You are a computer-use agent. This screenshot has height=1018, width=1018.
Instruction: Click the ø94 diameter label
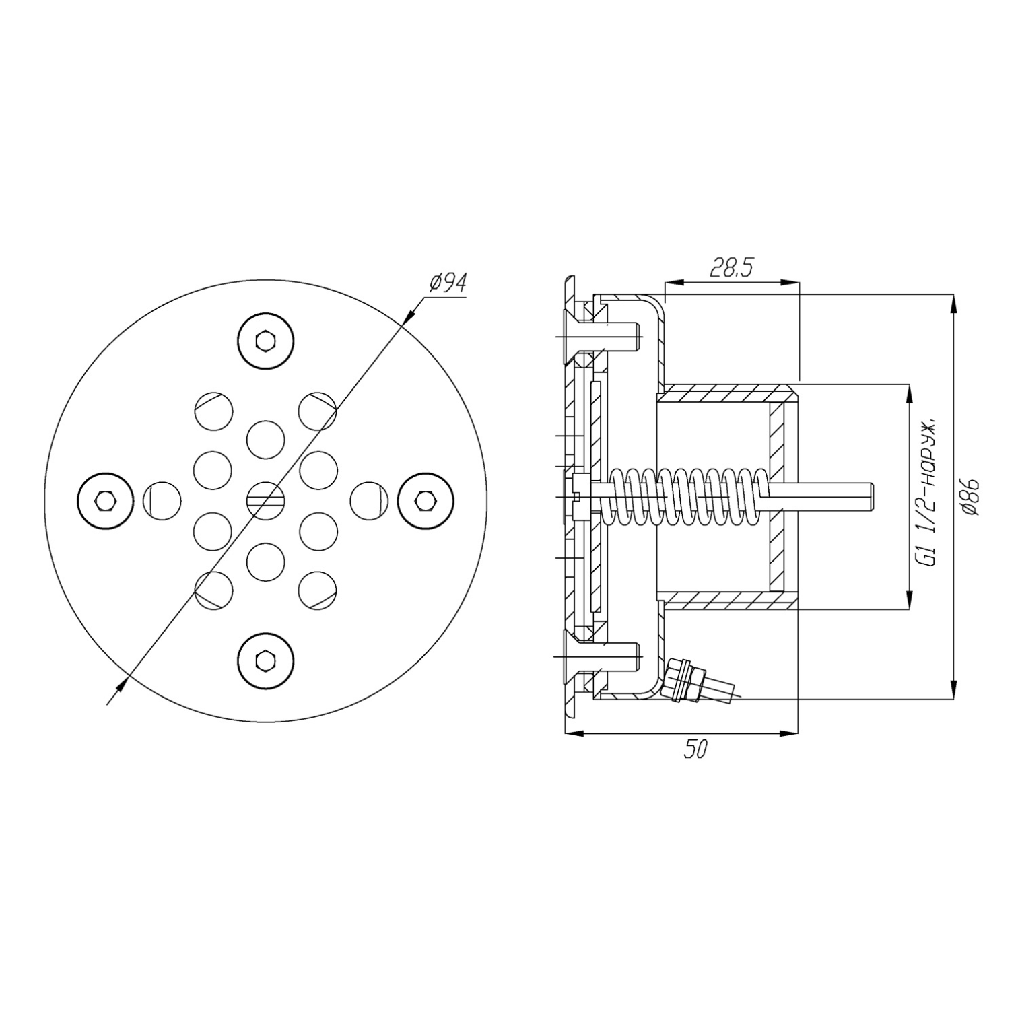pos(448,283)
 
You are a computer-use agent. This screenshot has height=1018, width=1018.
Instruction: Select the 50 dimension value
pos(696,749)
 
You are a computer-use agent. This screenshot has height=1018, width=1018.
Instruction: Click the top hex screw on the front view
pos(267,341)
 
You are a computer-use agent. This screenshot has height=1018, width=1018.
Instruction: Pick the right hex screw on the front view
pos(425,500)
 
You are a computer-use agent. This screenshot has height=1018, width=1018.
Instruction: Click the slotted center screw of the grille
pos(266,500)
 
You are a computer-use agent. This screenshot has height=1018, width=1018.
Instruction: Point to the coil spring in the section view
pos(687,498)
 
